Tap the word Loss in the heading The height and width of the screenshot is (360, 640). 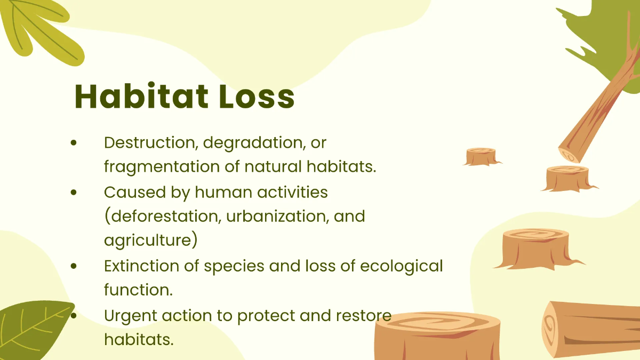[257, 96]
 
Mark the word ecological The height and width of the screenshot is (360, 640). [402, 267]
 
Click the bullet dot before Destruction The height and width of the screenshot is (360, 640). [74, 142]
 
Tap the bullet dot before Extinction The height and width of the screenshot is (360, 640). [74, 266]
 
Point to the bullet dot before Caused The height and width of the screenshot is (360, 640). [74, 193]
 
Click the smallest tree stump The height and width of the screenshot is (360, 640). [482, 157]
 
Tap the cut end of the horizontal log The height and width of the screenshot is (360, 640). [550, 328]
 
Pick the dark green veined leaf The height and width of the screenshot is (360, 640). [34, 329]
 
